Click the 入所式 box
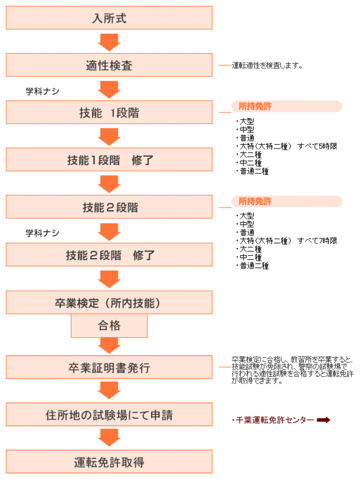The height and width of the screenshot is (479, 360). point(109,18)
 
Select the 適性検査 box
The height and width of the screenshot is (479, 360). point(109,65)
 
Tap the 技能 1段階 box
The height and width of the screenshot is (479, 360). point(109,112)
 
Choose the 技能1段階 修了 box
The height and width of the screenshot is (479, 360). point(109,160)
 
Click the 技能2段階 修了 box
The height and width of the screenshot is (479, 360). point(109,255)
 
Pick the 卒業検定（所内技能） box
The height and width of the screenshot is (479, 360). point(109,302)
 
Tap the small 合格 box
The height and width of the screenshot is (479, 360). point(109,326)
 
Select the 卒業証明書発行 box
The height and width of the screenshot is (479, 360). point(109,367)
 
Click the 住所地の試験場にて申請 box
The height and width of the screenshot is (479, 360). point(109,414)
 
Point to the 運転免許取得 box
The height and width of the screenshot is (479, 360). point(109,462)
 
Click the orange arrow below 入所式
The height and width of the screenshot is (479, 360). point(109,42)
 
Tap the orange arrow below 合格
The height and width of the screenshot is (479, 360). point(109,345)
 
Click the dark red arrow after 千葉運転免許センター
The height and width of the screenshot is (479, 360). point(324,420)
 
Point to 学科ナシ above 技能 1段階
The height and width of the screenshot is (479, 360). point(42,91)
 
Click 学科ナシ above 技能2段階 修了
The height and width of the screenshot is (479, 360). point(42,233)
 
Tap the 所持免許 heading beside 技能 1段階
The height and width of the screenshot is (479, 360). point(255,106)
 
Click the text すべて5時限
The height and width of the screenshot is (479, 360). point(317,147)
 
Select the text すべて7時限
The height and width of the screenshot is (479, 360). point(317,241)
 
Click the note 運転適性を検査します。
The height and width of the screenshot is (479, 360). point(267,65)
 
